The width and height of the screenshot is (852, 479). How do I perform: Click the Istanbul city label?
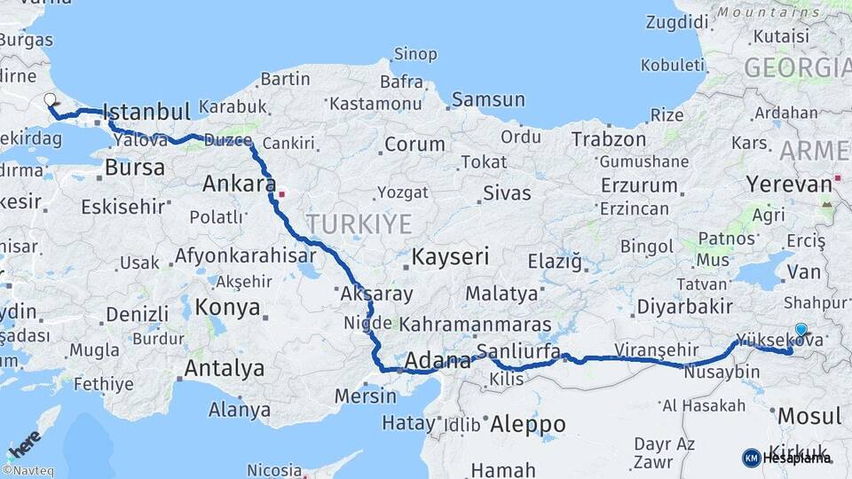[146, 113]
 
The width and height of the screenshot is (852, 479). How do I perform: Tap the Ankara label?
[235, 185]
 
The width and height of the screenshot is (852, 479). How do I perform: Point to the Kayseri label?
[450, 257]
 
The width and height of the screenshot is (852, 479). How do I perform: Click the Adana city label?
[437, 361]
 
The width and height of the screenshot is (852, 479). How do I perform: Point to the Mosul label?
[809, 416]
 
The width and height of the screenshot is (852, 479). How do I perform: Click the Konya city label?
[227, 307]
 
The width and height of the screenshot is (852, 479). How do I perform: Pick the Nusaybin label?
[722, 373]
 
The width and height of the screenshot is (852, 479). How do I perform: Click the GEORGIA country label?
[796, 68]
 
